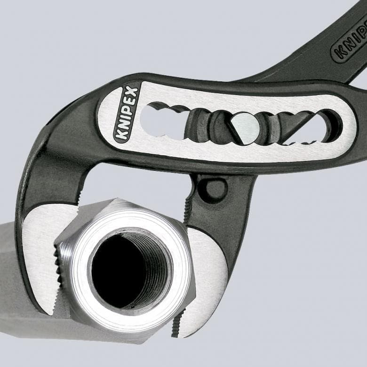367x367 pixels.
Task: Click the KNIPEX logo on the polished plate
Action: [x=127, y=114]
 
